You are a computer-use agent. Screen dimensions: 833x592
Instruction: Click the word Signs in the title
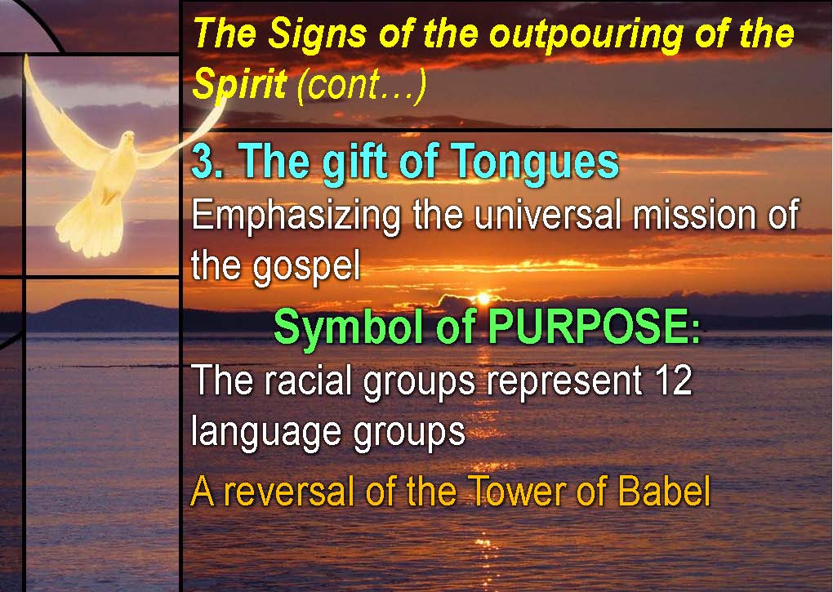click(x=317, y=35)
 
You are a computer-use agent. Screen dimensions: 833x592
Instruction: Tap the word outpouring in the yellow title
click(x=585, y=35)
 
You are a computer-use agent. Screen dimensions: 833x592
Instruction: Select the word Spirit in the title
click(x=239, y=84)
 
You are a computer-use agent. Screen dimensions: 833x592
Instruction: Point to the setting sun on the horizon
click(x=483, y=298)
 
